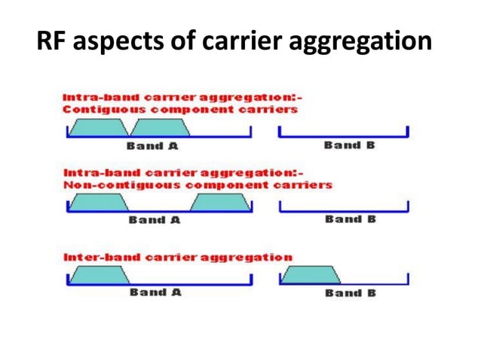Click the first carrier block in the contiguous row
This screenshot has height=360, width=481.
[x=99, y=127]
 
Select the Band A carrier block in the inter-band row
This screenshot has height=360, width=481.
[x=99, y=275]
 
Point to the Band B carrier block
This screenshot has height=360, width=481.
[x=311, y=275]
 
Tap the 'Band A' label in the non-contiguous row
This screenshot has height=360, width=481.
[x=155, y=220]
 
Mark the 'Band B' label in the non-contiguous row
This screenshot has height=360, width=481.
[x=350, y=219]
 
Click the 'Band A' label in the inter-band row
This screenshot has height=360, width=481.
[x=155, y=292]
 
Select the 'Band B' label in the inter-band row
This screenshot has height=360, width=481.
[x=350, y=292]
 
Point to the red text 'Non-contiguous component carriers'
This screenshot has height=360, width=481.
[x=197, y=184]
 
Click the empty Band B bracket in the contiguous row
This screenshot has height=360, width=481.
[x=343, y=135]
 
